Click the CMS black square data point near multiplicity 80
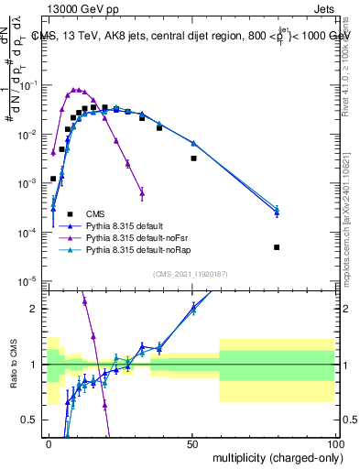click(x=277, y=247)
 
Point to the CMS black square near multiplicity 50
click(x=193, y=158)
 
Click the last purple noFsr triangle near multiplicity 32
click(x=142, y=191)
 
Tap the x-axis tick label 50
click(x=191, y=442)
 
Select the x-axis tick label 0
click(x=49, y=442)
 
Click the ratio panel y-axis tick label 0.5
click(x=33, y=420)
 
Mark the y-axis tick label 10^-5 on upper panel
click(x=31, y=281)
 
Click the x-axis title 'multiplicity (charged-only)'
click(x=273, y=458)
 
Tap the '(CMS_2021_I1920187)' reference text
click(x=191, y=274)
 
